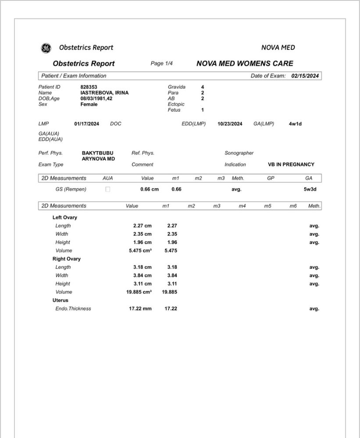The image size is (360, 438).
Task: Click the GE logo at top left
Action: pyautogui.click(x=46, y=48)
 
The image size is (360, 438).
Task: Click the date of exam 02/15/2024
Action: pyautogui.click(x=305, y=76)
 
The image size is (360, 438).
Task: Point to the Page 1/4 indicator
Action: pyautogui.click(x=162, y=64)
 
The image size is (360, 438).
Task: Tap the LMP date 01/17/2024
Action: pyautogui.click(x=87, y=124)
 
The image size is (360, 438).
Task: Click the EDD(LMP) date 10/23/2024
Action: pyautogui.click(x=230, y=124)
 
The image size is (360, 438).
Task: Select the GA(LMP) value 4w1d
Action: pyautogui.click(x=295, y=124)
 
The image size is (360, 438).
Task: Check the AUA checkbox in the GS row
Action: pyautogui.click(x=108, y=189)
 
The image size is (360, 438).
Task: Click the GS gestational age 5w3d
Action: pyautogui.click(x=310, y=189)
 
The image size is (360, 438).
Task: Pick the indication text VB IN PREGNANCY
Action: pyautogui.click(x=291, y=165)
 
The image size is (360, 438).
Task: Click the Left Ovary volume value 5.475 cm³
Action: pyautogui.click(x=139, y=251)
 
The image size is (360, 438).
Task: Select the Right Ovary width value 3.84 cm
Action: pyautogui.click(x=143, y=276)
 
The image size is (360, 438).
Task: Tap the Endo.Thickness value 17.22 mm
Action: pyautogui.click(x=140, y=309)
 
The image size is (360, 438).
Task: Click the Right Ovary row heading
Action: pyautogui.click(x=67, y=259)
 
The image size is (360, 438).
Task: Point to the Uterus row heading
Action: pyautogui.click(x=61, y=300)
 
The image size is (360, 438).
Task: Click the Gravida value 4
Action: pyautogui.click(x=203, y=87)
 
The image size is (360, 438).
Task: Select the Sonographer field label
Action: pyautogui.click(x=239, y=153)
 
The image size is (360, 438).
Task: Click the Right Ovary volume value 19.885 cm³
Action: pyautogui.click(x=139, y=292)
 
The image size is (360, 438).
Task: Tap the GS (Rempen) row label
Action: pyautogui.click(x=71, y=189)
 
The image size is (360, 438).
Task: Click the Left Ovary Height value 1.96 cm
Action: pyautogui.click(x=143, y=242)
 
